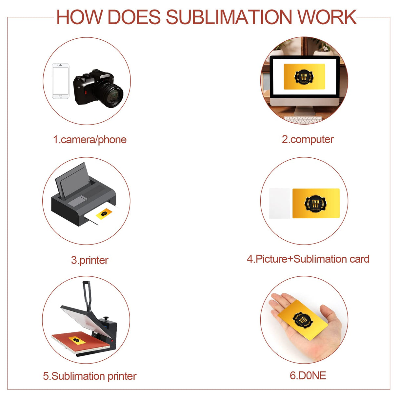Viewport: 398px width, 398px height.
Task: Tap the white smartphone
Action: tap(61, 81)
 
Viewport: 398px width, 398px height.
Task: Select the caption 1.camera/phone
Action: tap(90, 140)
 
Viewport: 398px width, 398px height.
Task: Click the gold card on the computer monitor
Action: tap(304, 76)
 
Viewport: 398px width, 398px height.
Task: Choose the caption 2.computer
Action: tap(308, 139)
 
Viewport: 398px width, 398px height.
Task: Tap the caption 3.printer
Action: tap(90, 260)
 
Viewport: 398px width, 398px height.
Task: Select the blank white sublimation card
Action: tap(280, 203)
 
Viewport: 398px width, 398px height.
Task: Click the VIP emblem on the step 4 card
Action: tap(316, 203)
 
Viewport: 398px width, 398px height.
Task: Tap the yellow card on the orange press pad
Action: tap(76, 339)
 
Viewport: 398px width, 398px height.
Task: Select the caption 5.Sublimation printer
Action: tap(90, 376)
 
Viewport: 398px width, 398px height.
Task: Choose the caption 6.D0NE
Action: tap(308, 376)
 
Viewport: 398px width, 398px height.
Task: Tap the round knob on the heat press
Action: tap(106, 318)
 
